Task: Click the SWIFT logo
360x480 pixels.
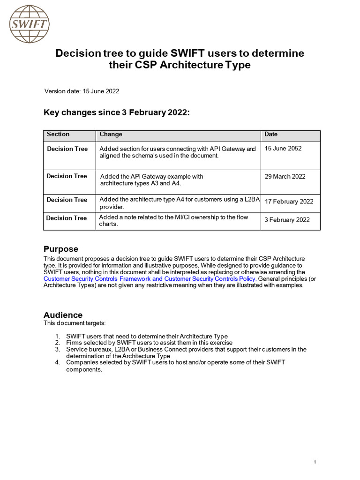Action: tap(29, 23)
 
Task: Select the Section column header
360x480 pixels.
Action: tap(58, 135)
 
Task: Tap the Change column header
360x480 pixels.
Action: tap(111, 135)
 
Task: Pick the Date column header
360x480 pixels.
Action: tap(271, 135)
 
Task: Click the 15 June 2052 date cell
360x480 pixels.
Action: tap(283, 149)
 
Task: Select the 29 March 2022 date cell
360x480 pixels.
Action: tap(285, 177)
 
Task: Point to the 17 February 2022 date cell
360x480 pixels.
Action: tap(289, 202)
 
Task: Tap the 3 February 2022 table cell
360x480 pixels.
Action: tap(287, 220)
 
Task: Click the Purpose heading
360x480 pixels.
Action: tap(61, 249)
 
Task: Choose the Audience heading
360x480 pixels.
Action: tap(63, 315)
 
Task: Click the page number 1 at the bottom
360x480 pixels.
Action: tap(315, 463)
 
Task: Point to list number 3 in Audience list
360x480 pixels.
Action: tap(58, 349)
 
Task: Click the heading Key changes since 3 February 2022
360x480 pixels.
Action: tap(117, 112)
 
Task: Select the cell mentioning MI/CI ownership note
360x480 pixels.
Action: tap(173, 220)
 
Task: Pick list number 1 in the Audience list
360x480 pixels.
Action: tap(58, 336)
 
